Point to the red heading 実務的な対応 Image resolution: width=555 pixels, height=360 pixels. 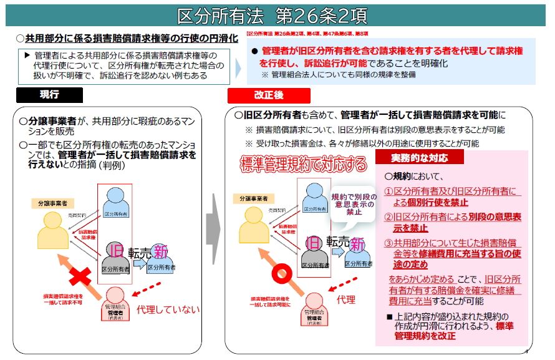(x=411, y=157)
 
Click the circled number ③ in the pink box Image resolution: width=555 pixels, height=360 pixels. (x=387, y=244)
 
